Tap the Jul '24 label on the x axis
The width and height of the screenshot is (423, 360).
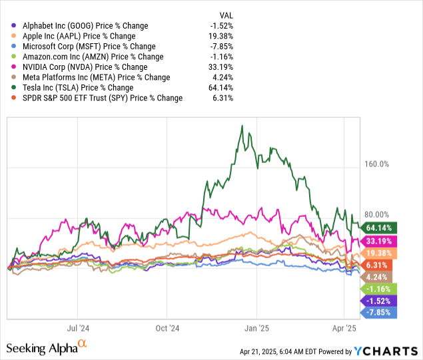(79, 328)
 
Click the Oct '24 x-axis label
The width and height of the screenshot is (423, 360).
(167, 328)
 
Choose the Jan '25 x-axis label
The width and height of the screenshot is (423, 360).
(256, 328)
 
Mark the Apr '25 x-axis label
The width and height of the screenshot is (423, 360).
(344, 328)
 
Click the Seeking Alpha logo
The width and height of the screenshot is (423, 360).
(47, 347)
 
